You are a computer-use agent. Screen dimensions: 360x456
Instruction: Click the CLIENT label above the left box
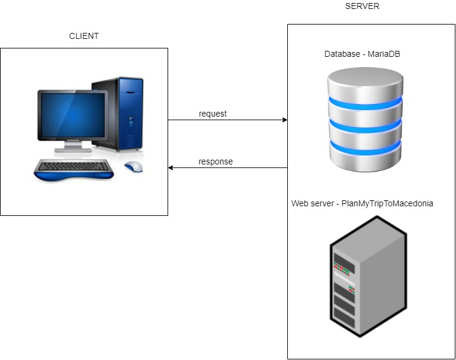(84, 36)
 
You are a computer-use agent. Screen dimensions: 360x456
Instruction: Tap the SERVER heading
(362, 7)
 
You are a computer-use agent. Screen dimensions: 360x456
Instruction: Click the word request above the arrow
(212, 114)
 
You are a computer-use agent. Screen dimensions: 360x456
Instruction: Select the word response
(215, 161)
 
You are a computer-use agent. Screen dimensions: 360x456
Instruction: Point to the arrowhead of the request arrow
(284, 120)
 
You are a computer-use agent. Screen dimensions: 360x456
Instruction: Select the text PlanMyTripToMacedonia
(387, 204)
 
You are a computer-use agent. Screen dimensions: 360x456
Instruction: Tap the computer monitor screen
(72, 114)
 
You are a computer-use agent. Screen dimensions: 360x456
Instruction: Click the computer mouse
(133, 166)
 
